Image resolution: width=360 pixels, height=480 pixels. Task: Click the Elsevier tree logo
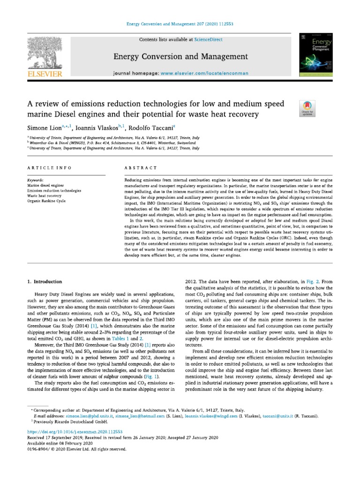47,54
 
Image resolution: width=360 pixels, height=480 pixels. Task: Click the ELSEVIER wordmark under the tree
47,74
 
